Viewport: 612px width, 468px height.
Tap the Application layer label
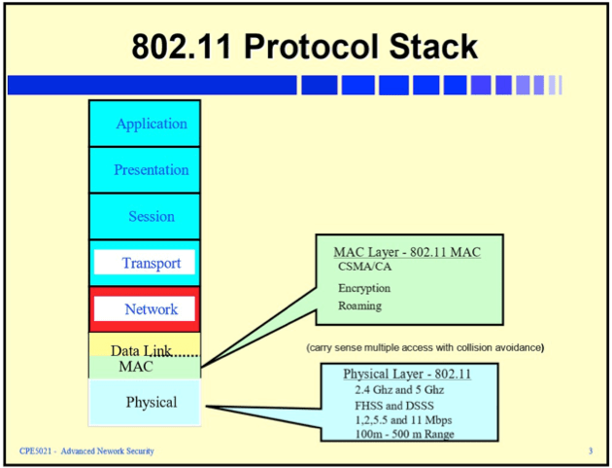tap(151, 124)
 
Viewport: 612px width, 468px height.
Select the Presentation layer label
tap(151, 169)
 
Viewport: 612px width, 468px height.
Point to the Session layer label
tap(151, 216)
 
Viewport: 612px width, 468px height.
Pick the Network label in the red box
tap(151, 309)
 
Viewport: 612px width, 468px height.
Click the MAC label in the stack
tap(136, 367)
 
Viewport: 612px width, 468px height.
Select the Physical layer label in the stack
tap(151, 402)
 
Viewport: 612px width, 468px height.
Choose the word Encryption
tap(364, 288)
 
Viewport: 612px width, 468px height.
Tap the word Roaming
tap(359, 306)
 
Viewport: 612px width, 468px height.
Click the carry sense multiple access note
tap(425, 347)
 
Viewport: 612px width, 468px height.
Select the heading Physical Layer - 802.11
tap(407, 374)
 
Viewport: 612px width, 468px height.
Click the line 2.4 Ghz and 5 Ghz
tap(398, 390)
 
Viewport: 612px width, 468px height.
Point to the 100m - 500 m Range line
tap(403, 433)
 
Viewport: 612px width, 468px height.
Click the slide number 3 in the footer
tap(590, 451)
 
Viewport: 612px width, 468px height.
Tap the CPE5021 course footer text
tap(86, 451)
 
